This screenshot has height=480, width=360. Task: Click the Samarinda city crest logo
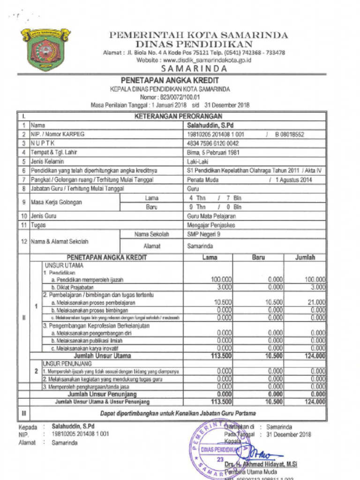tap(45, 49)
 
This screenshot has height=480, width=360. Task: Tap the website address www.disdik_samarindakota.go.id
tap(194, 60)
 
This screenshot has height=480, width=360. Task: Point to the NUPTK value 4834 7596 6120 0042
tap(213, 143)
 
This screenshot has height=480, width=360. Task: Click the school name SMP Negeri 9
tap(202, 234)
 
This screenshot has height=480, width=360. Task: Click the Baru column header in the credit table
tap(258, 257)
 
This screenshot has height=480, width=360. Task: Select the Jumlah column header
tap(305, 257)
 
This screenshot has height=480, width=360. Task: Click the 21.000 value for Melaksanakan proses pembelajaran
tap(316, 302)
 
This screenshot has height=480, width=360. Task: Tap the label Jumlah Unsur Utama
tap(106, 356)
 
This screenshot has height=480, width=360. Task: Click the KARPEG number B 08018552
tap(289, 135)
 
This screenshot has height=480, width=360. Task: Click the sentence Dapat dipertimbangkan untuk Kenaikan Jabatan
tap(178, 413)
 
